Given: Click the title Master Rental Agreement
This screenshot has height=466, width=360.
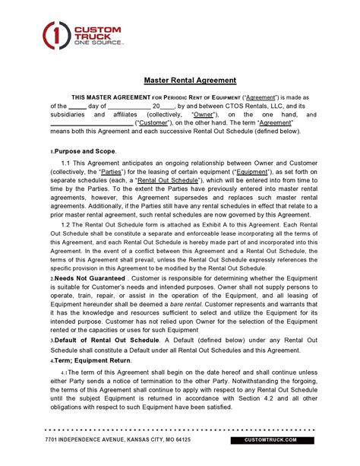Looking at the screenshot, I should coord(191,80).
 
